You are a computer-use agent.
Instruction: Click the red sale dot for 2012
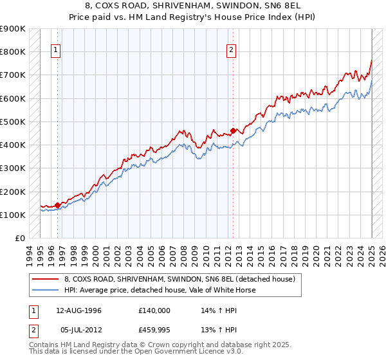[233, 130]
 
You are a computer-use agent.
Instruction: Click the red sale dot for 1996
[57, 205]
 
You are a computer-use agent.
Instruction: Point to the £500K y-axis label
[12, 122]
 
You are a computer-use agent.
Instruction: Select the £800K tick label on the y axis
[12, 51]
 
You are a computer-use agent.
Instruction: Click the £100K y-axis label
[12, 215]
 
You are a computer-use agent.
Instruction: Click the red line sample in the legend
[45, 279]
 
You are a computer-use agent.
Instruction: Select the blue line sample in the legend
[45, 290]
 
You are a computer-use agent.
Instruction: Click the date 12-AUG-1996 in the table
[79, 310]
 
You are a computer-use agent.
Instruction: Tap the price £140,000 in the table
[154, 310]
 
